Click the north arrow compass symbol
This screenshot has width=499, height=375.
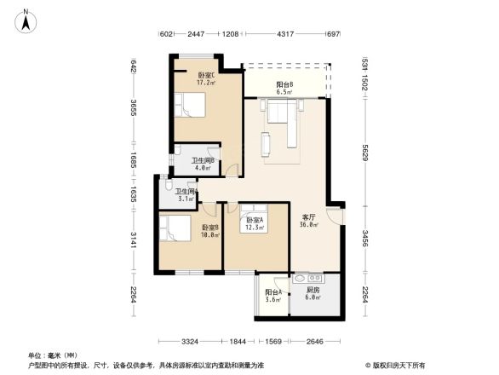(26, 20)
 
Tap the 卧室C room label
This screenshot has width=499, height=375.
(205, 79)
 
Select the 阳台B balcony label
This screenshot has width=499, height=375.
(284, 87)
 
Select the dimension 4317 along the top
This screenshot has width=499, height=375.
(286, 34)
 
